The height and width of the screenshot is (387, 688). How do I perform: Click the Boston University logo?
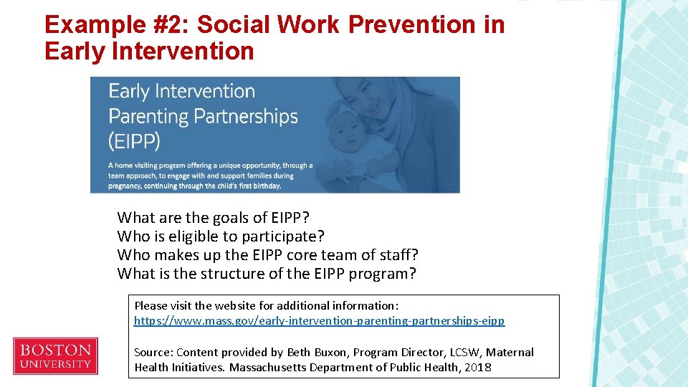55,356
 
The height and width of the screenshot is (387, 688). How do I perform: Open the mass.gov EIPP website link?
319,321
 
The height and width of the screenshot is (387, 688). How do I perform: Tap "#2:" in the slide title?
167,24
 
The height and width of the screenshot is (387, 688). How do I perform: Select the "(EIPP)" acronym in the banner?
134,140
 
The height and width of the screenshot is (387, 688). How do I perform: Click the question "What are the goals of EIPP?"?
214,218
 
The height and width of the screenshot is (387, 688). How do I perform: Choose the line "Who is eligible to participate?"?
221,236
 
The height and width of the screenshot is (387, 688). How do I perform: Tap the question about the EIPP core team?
267,255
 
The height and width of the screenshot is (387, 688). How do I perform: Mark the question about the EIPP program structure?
266,274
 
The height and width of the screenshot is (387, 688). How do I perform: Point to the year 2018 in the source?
477,368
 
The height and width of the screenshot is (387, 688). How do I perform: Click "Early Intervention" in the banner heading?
181,92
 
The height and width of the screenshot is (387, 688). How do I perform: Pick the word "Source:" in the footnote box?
153,353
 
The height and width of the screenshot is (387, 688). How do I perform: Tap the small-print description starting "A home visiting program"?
210,176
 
